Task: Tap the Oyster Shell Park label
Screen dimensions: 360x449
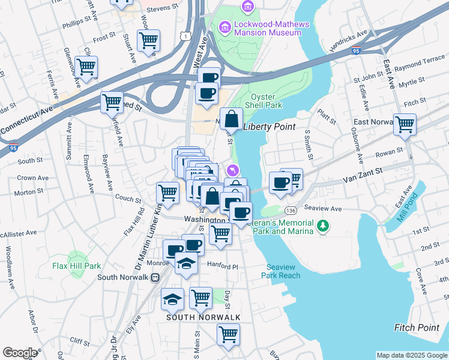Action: point(266,100)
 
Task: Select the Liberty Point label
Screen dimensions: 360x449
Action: point(270,127)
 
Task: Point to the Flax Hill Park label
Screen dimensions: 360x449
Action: point(76,266)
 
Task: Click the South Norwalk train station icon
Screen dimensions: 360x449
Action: point(154,277)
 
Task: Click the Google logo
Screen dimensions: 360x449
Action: point(20,352)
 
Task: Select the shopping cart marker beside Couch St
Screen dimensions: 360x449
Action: point(167,193)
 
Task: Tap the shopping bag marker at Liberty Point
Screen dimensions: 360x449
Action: point(231,119)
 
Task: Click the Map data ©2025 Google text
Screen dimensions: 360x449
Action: point(411,355)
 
